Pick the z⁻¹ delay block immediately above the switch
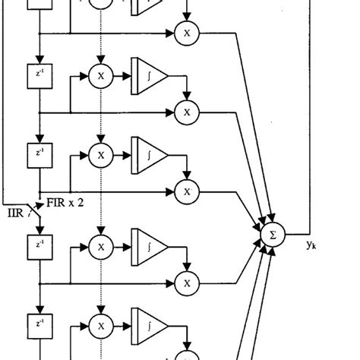[38, 152]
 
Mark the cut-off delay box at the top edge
[38, 5]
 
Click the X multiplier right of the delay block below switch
[99, 246]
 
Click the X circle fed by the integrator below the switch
[184, 282]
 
